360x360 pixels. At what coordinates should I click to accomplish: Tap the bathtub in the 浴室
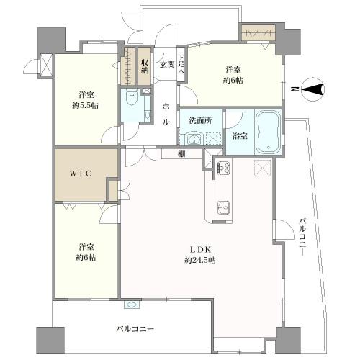coord(269,132)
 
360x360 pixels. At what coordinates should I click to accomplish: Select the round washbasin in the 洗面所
coord(193,139)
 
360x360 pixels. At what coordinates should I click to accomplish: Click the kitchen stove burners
coord(223,168)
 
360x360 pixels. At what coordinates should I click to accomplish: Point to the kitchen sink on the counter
coord(223,207)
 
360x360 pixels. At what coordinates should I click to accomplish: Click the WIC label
coord(81,174)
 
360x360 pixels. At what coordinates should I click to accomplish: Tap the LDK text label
coord(200,250)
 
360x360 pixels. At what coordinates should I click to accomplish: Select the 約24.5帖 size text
coord(200,260)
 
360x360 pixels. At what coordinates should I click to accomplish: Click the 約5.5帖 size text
coord(86,106)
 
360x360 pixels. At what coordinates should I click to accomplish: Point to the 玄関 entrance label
coord(167,65)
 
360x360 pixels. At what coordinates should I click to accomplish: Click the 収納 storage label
coord(145,67)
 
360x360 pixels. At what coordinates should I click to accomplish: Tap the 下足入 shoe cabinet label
coord(181,64)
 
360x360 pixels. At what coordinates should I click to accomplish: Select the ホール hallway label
coord(166,114)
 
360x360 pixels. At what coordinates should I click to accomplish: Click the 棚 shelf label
coord(181,154)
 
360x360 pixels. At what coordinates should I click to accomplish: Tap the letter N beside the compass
coord(294,89)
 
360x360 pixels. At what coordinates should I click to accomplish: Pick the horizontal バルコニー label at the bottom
coord(135,329)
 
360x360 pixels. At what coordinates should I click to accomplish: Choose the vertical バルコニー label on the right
coord(303,236)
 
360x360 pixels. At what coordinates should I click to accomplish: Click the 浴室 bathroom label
coord(240,136)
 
